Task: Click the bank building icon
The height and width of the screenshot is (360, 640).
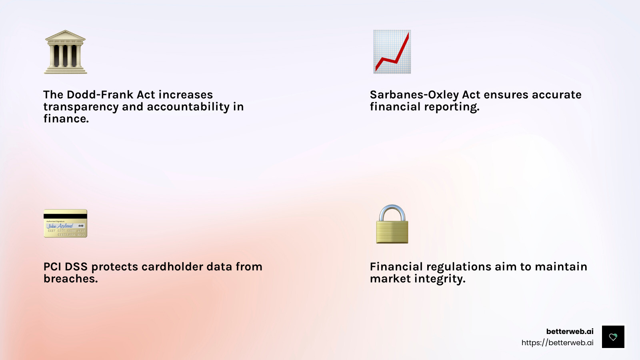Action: point(65,52)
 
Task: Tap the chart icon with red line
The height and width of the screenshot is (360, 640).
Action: point(392,52)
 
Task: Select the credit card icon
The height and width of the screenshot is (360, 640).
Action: point(65,223)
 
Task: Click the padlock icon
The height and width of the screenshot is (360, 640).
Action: point(392,225)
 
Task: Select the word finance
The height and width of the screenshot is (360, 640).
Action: point(66,119)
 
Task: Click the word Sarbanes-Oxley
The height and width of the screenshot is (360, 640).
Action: point(414,95)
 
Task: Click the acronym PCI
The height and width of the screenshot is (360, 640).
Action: point(52,267)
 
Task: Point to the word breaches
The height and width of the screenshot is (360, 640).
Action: point(70,279)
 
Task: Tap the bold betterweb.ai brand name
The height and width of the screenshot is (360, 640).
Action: point(570,331)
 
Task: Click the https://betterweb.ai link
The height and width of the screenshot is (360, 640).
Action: point(557,342)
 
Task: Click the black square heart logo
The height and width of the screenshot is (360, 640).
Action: point(613,337)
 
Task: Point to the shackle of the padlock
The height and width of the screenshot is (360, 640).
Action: point(392,212)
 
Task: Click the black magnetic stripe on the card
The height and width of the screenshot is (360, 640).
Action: point(65,216)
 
